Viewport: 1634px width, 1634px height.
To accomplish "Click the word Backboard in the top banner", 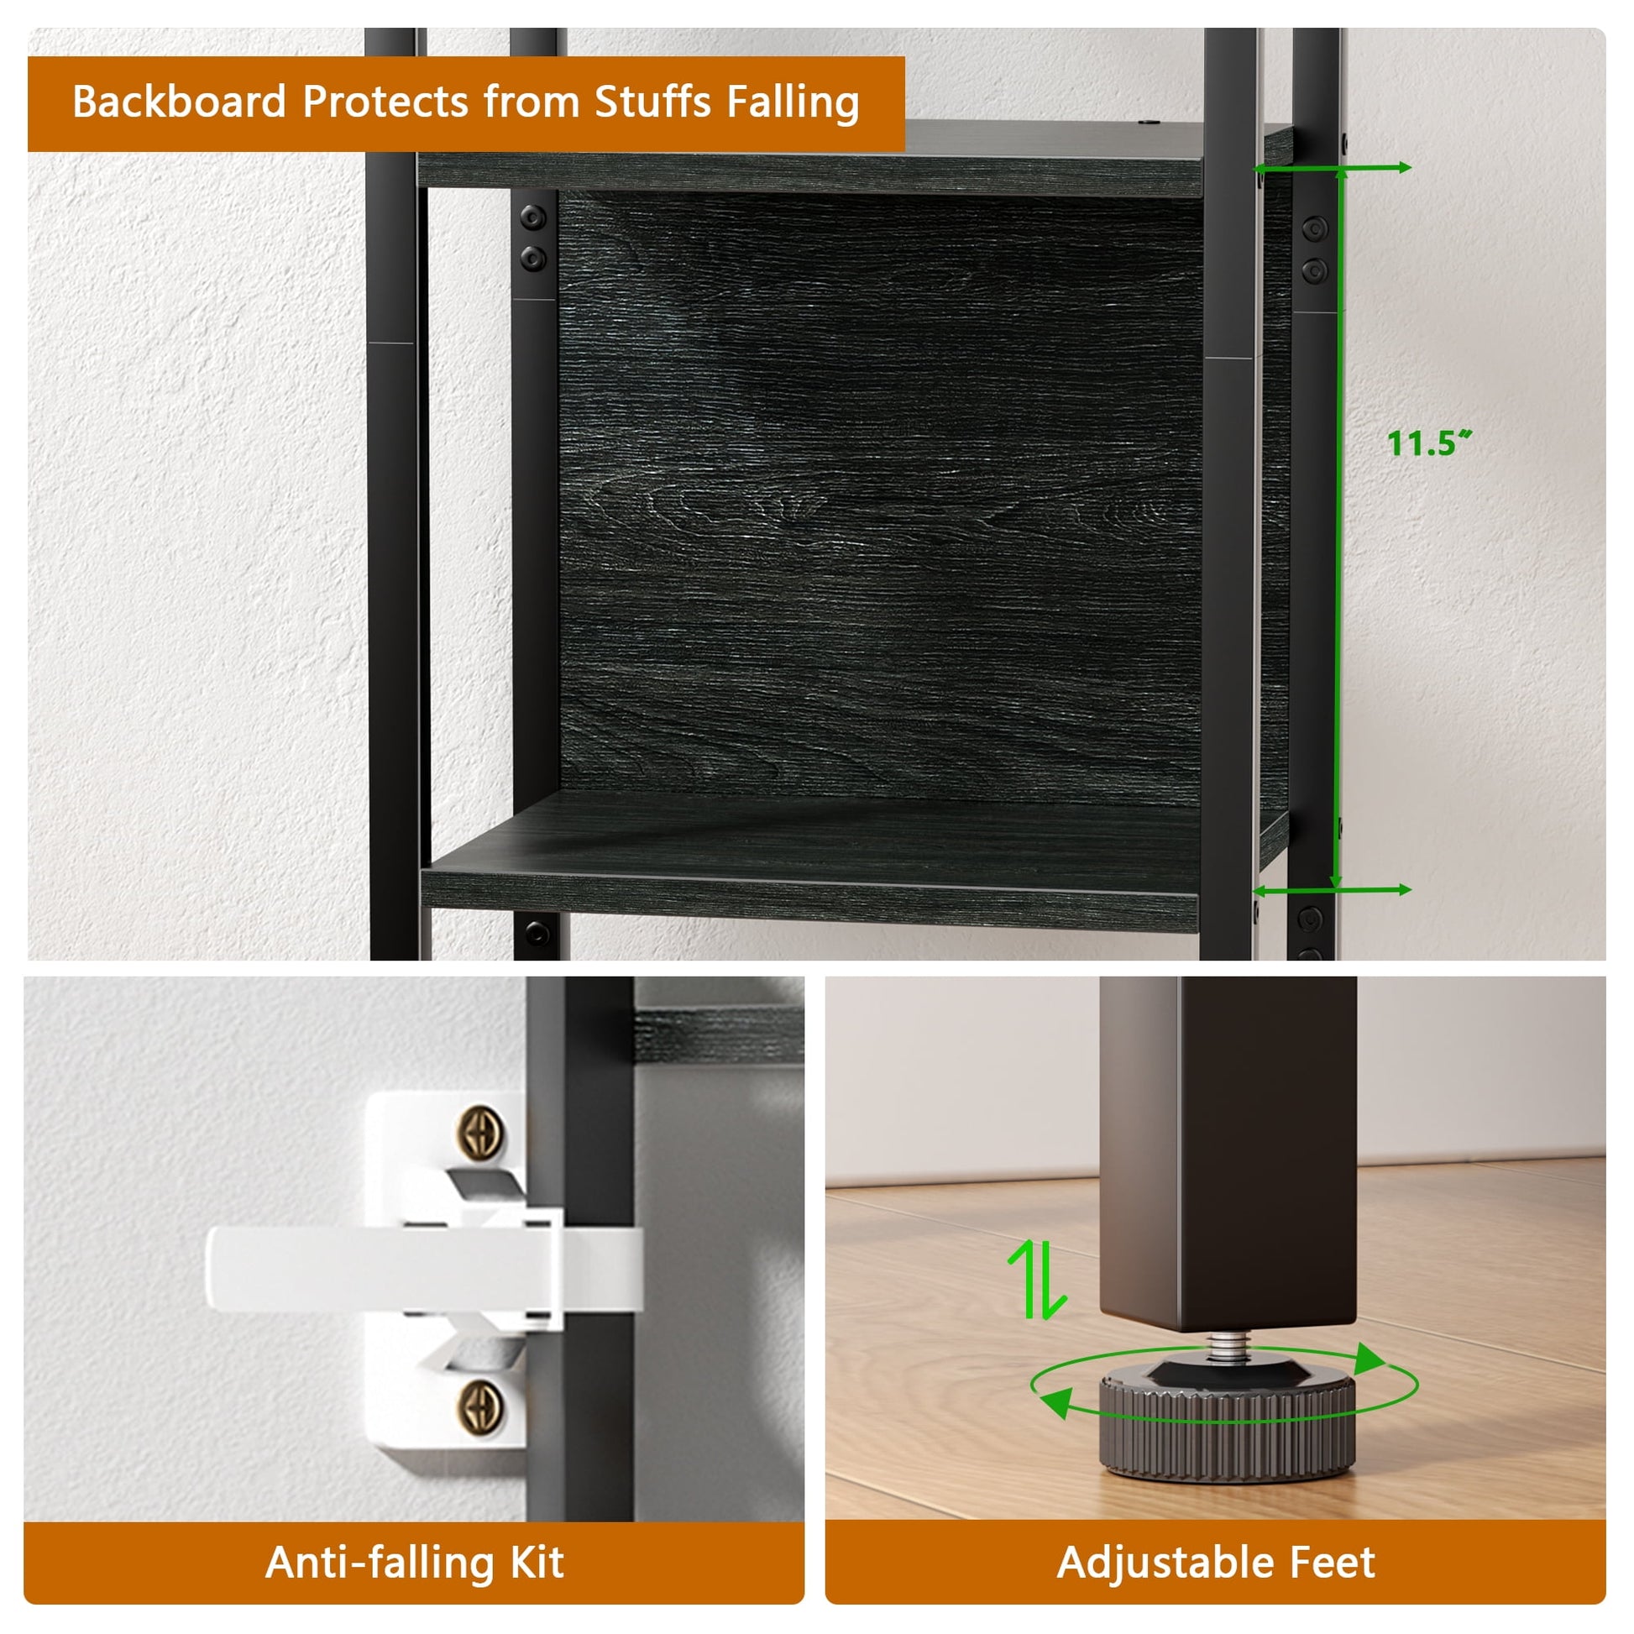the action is tap(180, 102).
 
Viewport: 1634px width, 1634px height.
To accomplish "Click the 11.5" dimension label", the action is tap(1429, 443).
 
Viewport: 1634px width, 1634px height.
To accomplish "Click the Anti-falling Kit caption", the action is tap(415, 1562).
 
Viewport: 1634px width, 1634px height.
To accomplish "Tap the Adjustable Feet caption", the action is tap(1215, 1562).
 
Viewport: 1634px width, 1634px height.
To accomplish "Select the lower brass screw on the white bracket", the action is tap(481, 1408).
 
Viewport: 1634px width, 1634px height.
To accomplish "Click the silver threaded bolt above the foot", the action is tap(1224, 1348).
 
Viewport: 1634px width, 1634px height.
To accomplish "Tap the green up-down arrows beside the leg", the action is tap(1037, 1279).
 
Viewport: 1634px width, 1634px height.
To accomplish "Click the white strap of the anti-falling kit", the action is tap(423, 1269).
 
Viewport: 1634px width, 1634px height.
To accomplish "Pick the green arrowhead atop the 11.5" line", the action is tap(1340, 174).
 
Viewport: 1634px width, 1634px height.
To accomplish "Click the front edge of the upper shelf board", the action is tap(810, 174).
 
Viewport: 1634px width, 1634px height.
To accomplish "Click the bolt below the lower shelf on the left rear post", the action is tap(537, 934).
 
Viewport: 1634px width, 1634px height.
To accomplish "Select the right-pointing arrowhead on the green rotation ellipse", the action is tap(1370, 1360).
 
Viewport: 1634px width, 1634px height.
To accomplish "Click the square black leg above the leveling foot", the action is tap(1228, 1155).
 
